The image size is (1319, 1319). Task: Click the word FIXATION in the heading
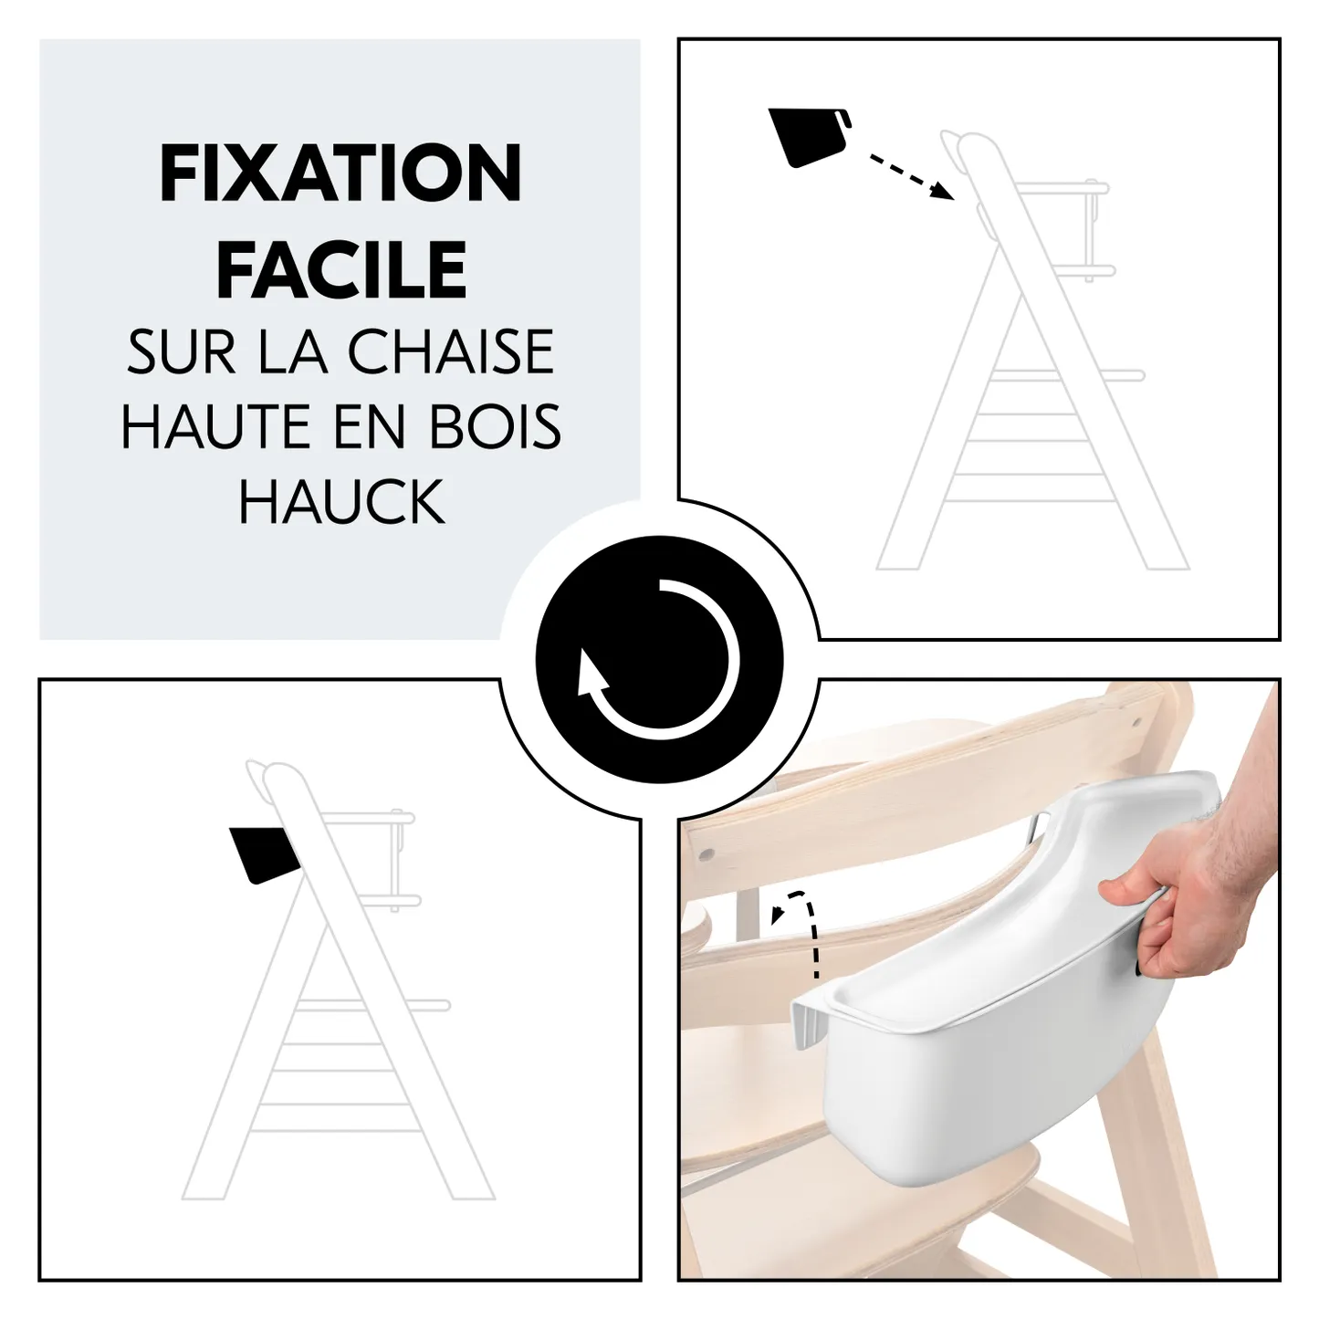click(340, 173)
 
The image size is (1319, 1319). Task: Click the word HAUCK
click(341, 501)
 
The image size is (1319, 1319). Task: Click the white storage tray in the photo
click(958, 1041)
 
